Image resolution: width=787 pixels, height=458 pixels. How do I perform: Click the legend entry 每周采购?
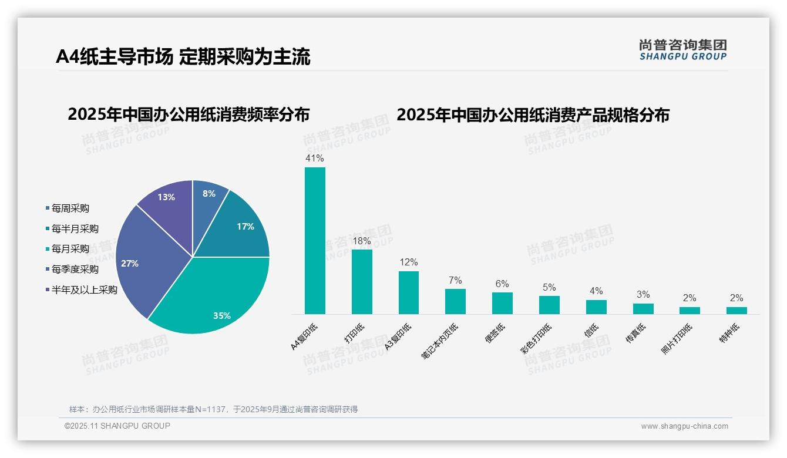[70, 208]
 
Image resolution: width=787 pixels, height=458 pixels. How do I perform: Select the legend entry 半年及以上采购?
[84, 289]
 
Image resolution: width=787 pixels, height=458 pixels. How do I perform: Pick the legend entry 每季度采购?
[75, 270]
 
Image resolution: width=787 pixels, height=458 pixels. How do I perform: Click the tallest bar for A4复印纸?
[315, 241]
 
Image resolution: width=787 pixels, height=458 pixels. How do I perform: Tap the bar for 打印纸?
[362, 282]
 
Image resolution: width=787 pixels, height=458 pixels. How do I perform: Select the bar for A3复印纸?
[409, 292]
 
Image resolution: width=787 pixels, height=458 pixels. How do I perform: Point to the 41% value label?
[315, 159]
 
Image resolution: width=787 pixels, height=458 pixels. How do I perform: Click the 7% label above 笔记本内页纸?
[455, 280]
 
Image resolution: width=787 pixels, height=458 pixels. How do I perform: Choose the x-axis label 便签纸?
[495, 334]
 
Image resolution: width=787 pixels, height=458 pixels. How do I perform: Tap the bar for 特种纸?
[736, 311]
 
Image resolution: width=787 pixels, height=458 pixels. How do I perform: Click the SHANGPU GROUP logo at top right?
[682, 50]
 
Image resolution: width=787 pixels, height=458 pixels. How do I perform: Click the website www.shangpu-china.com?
[684, 426]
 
